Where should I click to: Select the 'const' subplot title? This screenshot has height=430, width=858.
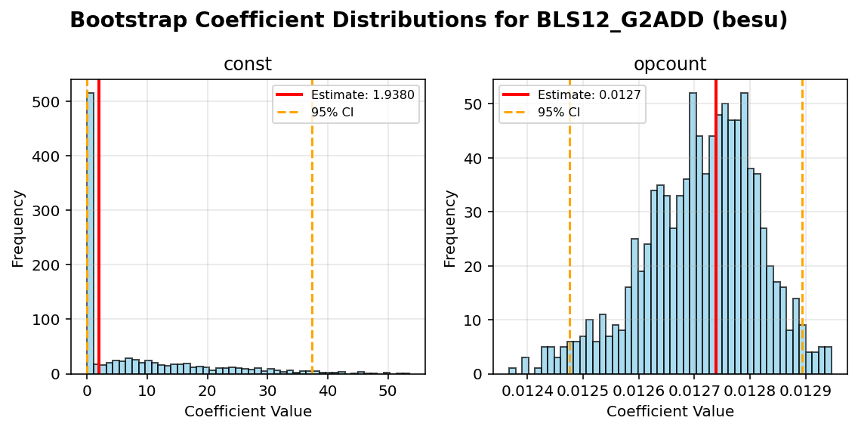pyautogui.click(x=247, y=65)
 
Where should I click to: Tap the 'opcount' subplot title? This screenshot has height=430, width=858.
pyautogui.click(x=669, y=65)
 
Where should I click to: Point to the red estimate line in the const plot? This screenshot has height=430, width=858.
pyautogui.click(x=98, y=227)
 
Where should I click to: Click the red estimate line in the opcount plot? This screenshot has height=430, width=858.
pyautogui.click(x=716, y=227)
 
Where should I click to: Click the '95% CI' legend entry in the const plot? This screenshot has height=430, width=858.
pyautogui.click(x=332, y=112)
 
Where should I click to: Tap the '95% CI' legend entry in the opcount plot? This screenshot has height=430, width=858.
pyautogui.click(x=559, y=112)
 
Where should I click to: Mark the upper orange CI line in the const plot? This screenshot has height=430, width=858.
pyautogui.click(x=312, y=227)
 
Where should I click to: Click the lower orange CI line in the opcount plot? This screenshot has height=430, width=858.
pyautogui.click(x=569, y=227)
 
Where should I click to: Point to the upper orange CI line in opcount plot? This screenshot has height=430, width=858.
pyautogui.click(x=802, y=227)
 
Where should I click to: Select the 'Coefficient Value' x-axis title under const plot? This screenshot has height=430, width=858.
pyautogui.click(x=248, y=412)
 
